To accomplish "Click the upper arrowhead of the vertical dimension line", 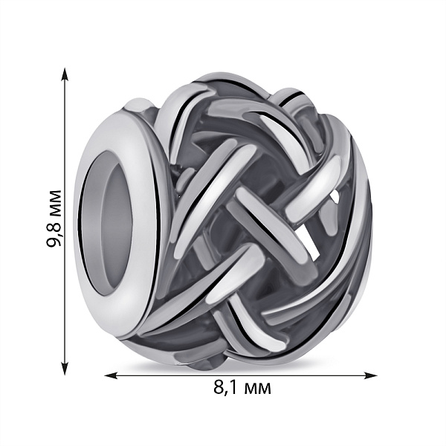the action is point(65,74).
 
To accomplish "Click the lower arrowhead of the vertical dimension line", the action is point(65,369).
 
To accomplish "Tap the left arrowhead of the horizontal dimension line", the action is point(111,375).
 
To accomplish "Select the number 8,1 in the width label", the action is point(225,388).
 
